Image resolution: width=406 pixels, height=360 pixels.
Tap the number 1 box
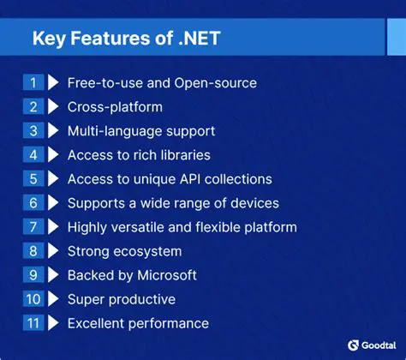point(33,83)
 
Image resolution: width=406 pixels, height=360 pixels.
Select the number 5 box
point(33,179)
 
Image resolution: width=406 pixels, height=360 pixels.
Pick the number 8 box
point(33,251)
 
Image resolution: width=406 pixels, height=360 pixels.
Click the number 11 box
point(33,323)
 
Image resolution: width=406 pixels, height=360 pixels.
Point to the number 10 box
point(33,299)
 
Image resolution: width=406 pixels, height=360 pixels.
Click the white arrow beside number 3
point(53,131)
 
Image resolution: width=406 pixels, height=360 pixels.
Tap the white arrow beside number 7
point(53,227)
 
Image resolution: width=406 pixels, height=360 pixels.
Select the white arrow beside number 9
point(53,275)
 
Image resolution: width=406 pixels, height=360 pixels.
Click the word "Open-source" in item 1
point(219,83)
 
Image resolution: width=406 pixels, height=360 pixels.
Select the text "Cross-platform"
point(115,107)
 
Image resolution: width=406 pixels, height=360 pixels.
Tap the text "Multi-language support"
point(141,131)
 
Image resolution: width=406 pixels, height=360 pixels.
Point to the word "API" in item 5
point(189,179)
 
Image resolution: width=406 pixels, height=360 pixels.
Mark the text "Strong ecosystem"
point(124,251)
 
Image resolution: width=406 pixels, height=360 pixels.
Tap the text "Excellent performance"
point(138,323)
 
